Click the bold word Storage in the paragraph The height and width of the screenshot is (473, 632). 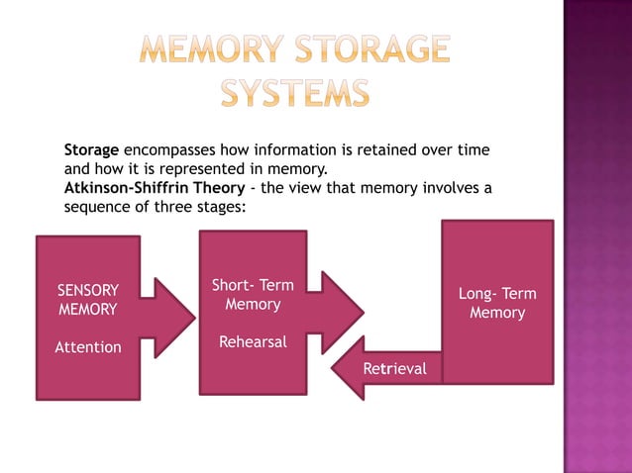point(91,150)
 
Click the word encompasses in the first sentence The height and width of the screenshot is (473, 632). point(168,150)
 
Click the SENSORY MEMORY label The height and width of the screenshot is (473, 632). point(87,300)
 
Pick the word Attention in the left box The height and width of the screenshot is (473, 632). point(87,347)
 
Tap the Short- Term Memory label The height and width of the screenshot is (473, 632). point(253,295)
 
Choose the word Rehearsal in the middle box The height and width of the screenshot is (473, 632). point(253,342)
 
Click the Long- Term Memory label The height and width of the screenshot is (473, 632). point(497,304)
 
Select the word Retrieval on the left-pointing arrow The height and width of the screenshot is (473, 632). point(394,369)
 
